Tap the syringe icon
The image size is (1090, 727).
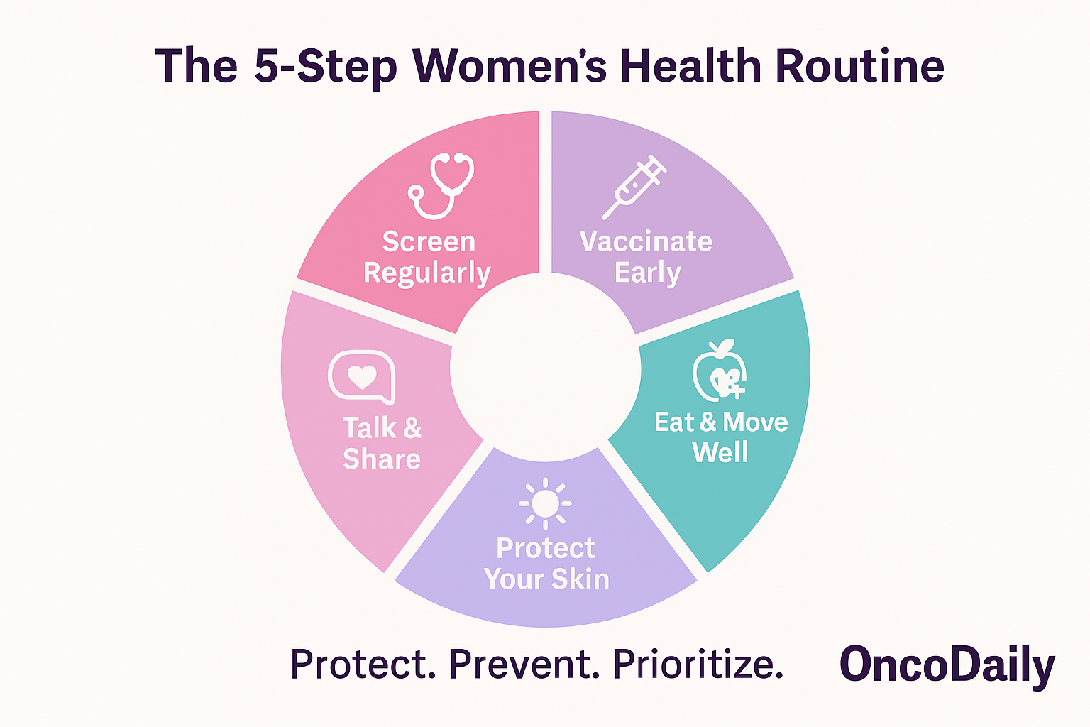tap(634, 187)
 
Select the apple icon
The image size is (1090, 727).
tap(719, 370)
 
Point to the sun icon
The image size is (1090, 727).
tap(545, 503)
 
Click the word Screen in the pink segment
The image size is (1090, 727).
tap(429, 241)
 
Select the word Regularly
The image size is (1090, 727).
tap(426, 273)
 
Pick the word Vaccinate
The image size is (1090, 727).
tap(646, 241)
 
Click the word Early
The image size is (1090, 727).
tap(647, 273)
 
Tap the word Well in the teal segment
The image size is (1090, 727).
tap(720, 452)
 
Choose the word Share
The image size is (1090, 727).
tap(382, 459)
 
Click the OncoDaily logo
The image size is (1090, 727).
tap(947, 665)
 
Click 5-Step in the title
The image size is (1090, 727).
tap(326, 67)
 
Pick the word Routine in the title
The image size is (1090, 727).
tap(860, 66)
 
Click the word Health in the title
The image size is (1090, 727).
tap(690, 66)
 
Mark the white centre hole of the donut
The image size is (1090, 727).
tap(545, 367)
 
